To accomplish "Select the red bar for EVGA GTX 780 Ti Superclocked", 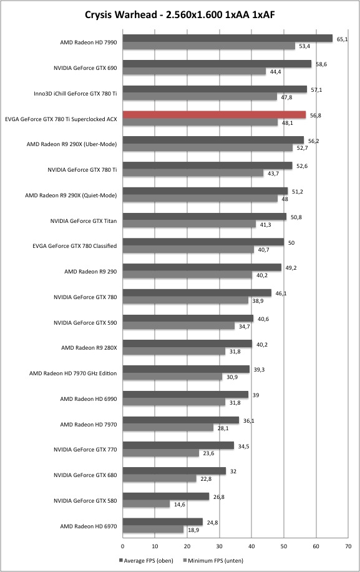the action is point(214,115).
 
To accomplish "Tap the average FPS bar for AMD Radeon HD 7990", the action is point(227,38).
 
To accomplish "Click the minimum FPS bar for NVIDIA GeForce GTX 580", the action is point(146,504).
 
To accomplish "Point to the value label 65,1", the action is point(342,39).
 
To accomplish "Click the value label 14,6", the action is point(179,505).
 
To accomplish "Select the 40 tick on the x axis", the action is point(251,546).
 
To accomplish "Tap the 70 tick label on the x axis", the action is point(348,546).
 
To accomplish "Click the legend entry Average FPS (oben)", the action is point(146,560).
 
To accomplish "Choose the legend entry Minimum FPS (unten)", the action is point(213,560).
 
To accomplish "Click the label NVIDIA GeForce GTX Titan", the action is point(84,220).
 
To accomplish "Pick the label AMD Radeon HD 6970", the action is point(89,526).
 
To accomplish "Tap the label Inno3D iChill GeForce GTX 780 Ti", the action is point(75,94).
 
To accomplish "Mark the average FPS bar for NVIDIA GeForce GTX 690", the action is point(216,64).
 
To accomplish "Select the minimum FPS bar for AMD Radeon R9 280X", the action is point(174,352).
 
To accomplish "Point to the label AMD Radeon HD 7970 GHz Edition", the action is point(73,373).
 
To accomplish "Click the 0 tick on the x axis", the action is point(122,546).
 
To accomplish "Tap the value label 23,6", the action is point(208,453).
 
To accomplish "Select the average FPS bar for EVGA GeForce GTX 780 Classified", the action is point(203,242).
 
